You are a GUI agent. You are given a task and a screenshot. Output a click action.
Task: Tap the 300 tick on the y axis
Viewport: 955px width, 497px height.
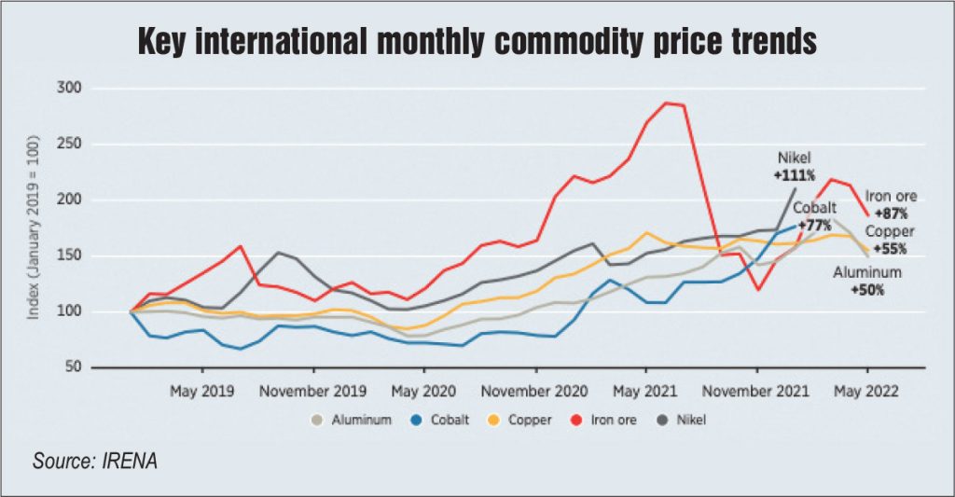pyautogui.click(x=71, y=89)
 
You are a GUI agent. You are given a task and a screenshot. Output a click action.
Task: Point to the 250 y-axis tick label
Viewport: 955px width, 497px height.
pyautogui.click(x=71, y=145)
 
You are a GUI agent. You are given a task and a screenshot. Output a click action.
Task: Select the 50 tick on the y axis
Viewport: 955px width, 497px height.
pyautogui.click(x=75, y=366)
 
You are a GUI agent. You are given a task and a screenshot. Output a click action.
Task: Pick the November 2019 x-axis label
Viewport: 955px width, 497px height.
pyautogui.click(x=313, y=393)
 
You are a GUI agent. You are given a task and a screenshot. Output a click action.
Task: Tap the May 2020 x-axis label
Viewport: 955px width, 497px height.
pyautogui.click(x=423, y=393)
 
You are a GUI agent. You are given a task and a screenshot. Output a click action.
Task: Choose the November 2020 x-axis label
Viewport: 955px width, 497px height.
pyautogui.click(x=535, y=393)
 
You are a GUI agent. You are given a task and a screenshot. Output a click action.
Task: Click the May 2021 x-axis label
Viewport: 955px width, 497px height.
pyautogui.click(x=645, y=393)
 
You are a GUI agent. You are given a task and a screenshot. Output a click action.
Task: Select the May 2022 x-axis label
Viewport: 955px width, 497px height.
pyautogui.click(x=867, y=393)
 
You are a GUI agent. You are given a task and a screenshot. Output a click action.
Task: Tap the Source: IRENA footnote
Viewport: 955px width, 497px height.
pyautogui.click(x=92, y=461)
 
